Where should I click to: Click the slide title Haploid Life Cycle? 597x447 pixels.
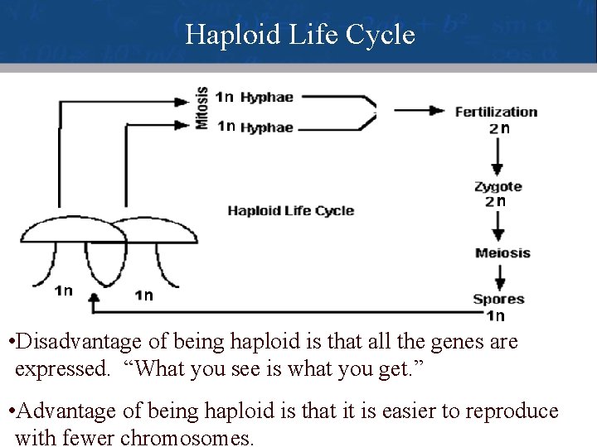tap(299, 35)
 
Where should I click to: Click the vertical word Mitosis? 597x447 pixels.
tap(201, 108)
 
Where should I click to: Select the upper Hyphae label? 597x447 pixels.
tap(266, 97)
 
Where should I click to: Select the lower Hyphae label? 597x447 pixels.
tap(266, 127)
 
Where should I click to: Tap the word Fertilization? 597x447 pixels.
tap(496, 112)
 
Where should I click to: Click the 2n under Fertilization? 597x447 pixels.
tap(498, 128)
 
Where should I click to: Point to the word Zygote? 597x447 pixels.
tap(498, 186)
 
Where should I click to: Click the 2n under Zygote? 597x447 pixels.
tap(495, 201)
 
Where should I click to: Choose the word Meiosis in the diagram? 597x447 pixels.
tap(502, 252)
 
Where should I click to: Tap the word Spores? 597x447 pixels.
tap(498, 299)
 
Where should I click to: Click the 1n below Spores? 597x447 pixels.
tap(495, 315)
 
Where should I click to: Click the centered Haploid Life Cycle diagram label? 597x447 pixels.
tap(290, 211)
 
